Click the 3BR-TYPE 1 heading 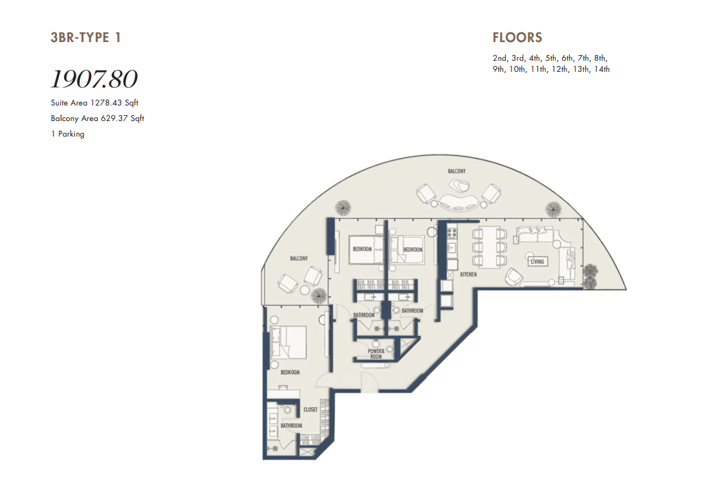[x=86, y=38]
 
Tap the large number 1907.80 [x=94, y=79]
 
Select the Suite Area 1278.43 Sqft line [x=94, y=103]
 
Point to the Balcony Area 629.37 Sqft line [x=97, y=118]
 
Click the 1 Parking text [x=68, y=134]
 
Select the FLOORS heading [x=517, y=38]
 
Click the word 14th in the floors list [x=601, y=69]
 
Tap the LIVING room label [x=537, y=262]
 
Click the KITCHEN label [x=468, y=274]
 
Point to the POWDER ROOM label [x=376, y=353]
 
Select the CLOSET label [x=310, y=410]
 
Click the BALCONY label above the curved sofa [x=457, y=172]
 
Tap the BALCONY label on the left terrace [x=299, y=259]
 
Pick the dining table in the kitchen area [x=489, y=247]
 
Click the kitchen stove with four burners [x=452, y=234]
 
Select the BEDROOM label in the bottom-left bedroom [x=290, y=372]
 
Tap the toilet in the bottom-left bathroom [x=286, y=410]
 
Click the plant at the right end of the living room [x=590, y=276]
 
